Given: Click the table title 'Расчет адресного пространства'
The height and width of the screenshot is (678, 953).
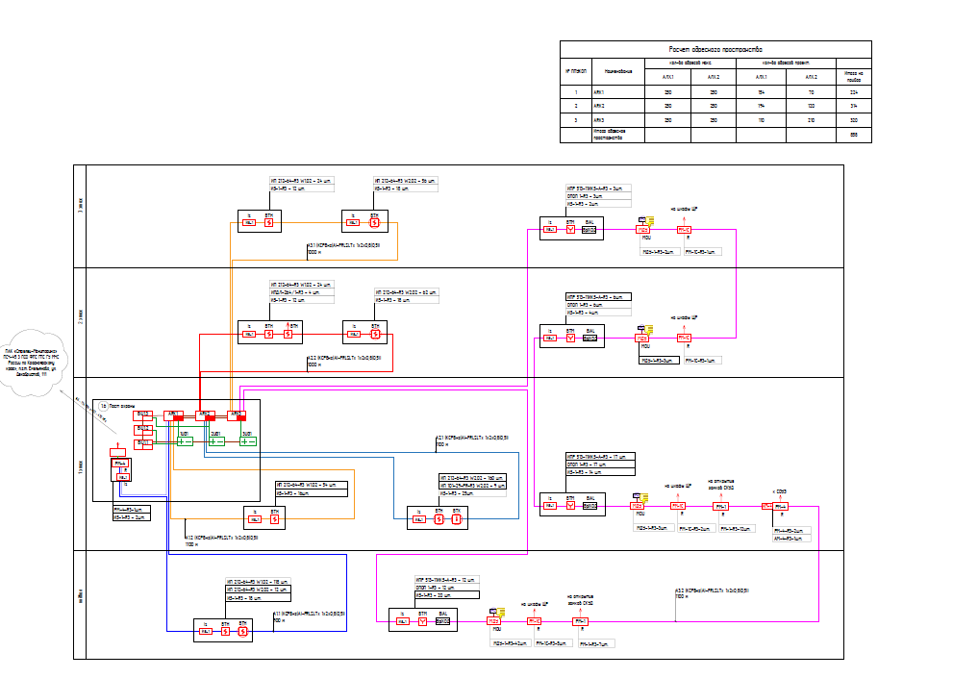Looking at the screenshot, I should (x=715, y=49).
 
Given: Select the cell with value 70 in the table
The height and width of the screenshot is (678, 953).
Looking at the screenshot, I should (x=812, y=91).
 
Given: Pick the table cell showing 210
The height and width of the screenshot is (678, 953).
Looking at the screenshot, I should (x=812, y=118).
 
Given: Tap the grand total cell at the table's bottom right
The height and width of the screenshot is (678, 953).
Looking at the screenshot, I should (x=853, y=134).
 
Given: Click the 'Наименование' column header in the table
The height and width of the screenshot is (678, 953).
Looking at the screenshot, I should (x=616, y=71).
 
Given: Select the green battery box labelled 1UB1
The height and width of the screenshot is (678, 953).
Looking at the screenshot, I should (x=186, y=441).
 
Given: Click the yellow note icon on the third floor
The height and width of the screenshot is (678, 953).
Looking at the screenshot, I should (x=650, y=221).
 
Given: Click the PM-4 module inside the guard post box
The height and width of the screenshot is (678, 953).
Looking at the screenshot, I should (x=121, y=464).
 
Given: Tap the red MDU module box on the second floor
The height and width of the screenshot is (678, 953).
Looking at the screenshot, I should (x=641, y=338).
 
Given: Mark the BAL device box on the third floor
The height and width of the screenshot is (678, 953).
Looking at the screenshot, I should (x=589, y=231).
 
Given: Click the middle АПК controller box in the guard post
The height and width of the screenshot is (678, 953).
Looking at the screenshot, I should (x=205, y=415).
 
